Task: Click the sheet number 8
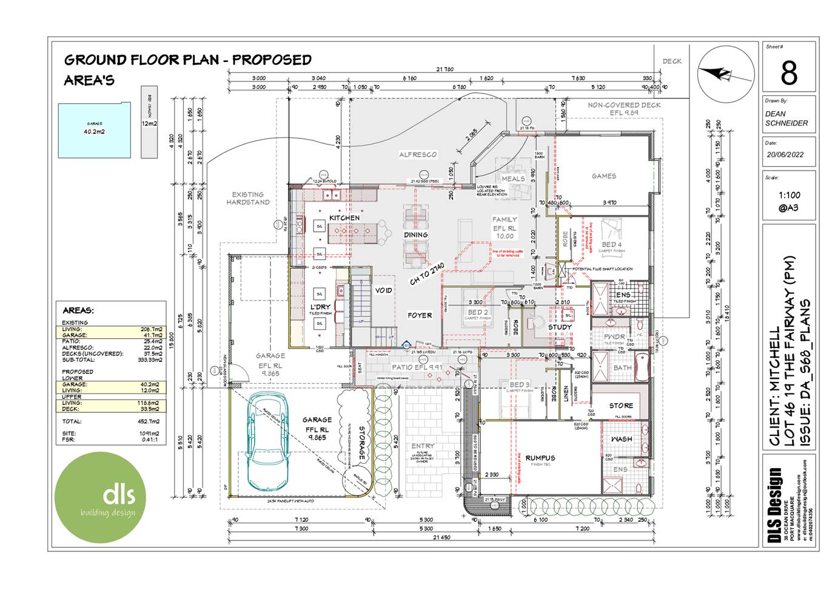click(788, 73)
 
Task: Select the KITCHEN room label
click(344, 217)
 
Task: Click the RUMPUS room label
click(540, 458)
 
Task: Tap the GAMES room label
click(603, 176)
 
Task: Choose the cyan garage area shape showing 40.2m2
click(94, 130)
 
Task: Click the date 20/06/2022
click(785, 155)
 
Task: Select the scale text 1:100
click(789, 195)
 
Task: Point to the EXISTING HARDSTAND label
click(247, 199)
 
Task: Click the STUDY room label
click(560, 327)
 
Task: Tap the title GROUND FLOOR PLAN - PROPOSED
click(187, 60)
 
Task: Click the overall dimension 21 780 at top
click(445, 69)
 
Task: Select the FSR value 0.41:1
click(150, 439)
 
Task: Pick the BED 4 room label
click(611, 245)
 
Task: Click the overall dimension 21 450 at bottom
click(441, 537)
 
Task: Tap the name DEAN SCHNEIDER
click(786, 118)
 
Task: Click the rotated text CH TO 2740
click(428, 273)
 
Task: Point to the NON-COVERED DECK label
click(624, 105)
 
